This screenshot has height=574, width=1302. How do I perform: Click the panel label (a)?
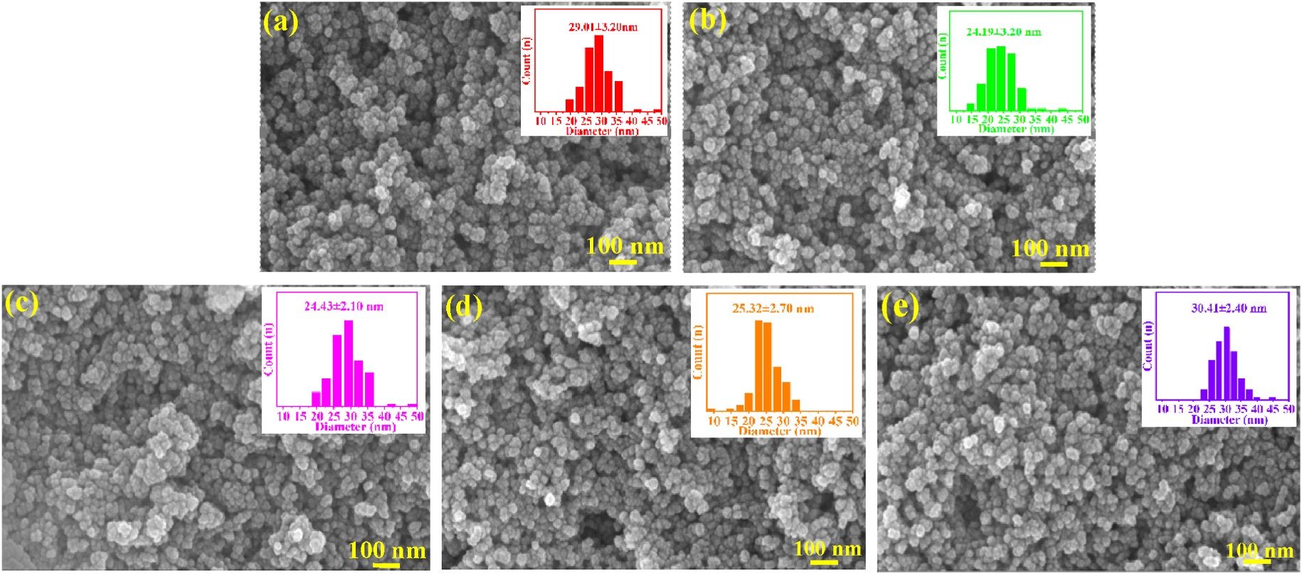click(x=280, y=21)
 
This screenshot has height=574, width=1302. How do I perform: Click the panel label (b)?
click(x=707, y=21)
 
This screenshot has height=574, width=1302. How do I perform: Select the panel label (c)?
click(x=21, y=303)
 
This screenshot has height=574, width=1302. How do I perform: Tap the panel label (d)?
click(x=463, y=307)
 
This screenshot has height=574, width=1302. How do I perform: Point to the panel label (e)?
click(x=900, y=307)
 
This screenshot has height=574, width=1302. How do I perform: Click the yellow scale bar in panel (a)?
click(x=623, y=262)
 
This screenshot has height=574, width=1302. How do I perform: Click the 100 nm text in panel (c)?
click(x=387, y=550)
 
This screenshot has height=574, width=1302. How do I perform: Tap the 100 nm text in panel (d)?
click(x=827, y=548)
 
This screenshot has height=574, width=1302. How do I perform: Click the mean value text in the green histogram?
click(x=1003, y=32)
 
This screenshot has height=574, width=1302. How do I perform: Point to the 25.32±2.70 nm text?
click(x=773, y=309)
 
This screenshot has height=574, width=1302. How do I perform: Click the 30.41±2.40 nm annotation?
click(x=1229, y=309)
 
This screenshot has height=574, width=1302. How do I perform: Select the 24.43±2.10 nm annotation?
click(x=344, y=307)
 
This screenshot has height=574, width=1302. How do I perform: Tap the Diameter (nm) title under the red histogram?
click(x=601, y=131)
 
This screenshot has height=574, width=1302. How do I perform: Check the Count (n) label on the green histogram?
click(x=943, y=55)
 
